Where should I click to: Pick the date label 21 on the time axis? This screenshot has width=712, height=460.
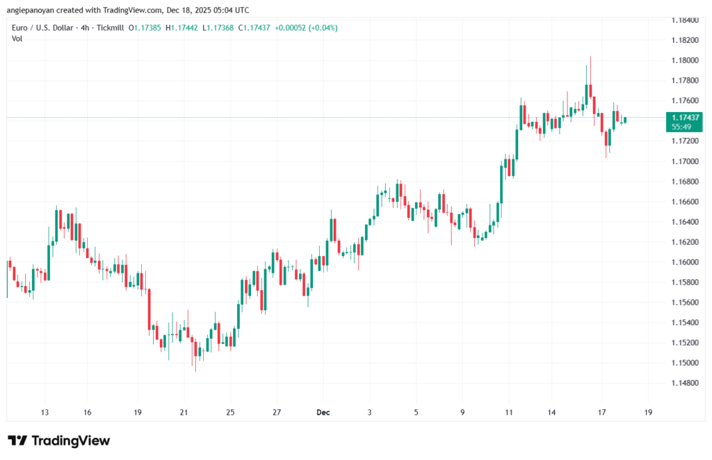click(184, 412)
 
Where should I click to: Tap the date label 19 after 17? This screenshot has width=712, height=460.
click(649, 412)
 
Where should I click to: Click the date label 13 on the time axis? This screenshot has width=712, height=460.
click(45, 412)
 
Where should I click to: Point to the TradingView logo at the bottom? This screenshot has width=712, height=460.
click(59, 441)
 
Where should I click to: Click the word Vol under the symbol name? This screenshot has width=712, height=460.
click(17, 38)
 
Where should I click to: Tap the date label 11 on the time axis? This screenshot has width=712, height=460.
click(508, 412)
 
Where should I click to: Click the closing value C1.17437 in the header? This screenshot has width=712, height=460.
click(255, 28)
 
